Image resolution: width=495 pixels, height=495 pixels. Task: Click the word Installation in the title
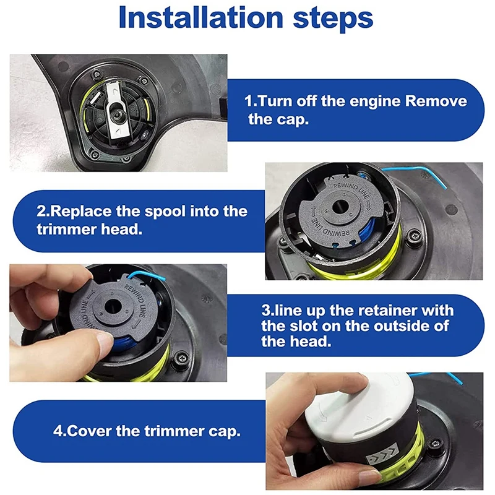pyautogui.click(x=200, y=18)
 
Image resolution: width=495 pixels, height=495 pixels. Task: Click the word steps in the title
pyautogui.click(x=334, y=20)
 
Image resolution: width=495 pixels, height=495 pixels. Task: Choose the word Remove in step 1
pyautogui.click(x=436, y=101)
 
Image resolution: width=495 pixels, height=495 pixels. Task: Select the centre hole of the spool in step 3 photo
pyautogui.click(x=113, y=306)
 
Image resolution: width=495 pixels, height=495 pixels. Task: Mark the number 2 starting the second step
pyautogui.click(x=41, y=212)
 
